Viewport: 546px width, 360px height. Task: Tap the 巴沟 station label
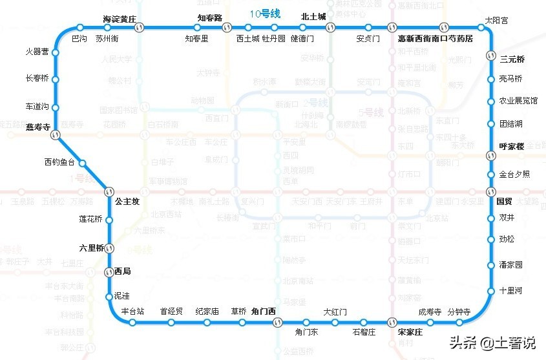pyautogui.click(x=79, y=39)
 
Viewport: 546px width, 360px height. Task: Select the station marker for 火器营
pyautogui.click(x=55, y=52)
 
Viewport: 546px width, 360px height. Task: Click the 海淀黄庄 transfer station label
pyautogui.click(x=120, y=19)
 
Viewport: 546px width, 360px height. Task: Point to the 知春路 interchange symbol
pyautogui.click(x=227, y=28)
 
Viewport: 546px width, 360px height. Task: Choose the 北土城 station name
pyautogui.click(x=313, y=17)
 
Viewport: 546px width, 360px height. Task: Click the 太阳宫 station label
pyautogui.click(x=496, y=21)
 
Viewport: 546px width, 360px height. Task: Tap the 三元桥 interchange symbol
pyautogui.click(x=491, y=56)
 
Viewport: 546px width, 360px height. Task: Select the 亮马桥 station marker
pyautogui.click(x=491, y=79)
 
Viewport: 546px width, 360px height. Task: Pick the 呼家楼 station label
pyautogui.click(x=511, y=146)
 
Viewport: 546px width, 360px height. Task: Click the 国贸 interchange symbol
pyautogui.click(x=491, y=191)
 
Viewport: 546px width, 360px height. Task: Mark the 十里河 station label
pyautogui.click(x=510, y=291)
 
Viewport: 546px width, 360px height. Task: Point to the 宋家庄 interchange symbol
pyautogui.click(x=392, y=322)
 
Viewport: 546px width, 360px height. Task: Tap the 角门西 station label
pyautogui.click(x=264, y=312)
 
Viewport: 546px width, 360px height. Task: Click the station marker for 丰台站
pyautogui.click(x=132, y=322)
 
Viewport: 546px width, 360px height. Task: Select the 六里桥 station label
pyautogui.click(x=91, y=248)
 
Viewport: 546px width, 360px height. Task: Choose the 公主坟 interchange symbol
pyautogui.click(x=109, y=192)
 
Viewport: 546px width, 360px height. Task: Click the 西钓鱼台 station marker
pyautogui.click(x=82, y=164)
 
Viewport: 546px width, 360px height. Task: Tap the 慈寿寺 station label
pyautogui.click(x=38, y=127)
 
